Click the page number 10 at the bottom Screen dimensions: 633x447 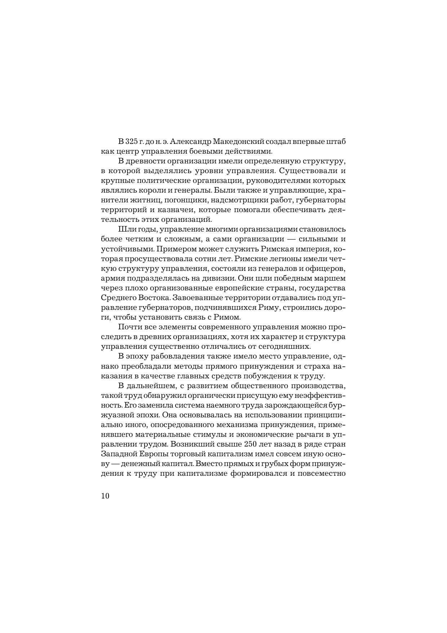[105, 496]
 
